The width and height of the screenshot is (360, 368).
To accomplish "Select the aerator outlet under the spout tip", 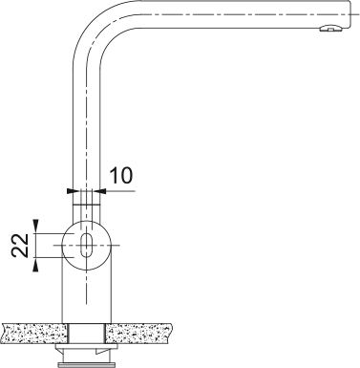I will [329, 30].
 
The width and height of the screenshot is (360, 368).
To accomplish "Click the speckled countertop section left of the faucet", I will [32, 333].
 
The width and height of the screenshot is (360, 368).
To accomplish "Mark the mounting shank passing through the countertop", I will [87, 333].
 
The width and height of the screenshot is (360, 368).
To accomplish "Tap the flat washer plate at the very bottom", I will [87, 363].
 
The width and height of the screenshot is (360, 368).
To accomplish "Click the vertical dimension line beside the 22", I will [37, 244].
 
